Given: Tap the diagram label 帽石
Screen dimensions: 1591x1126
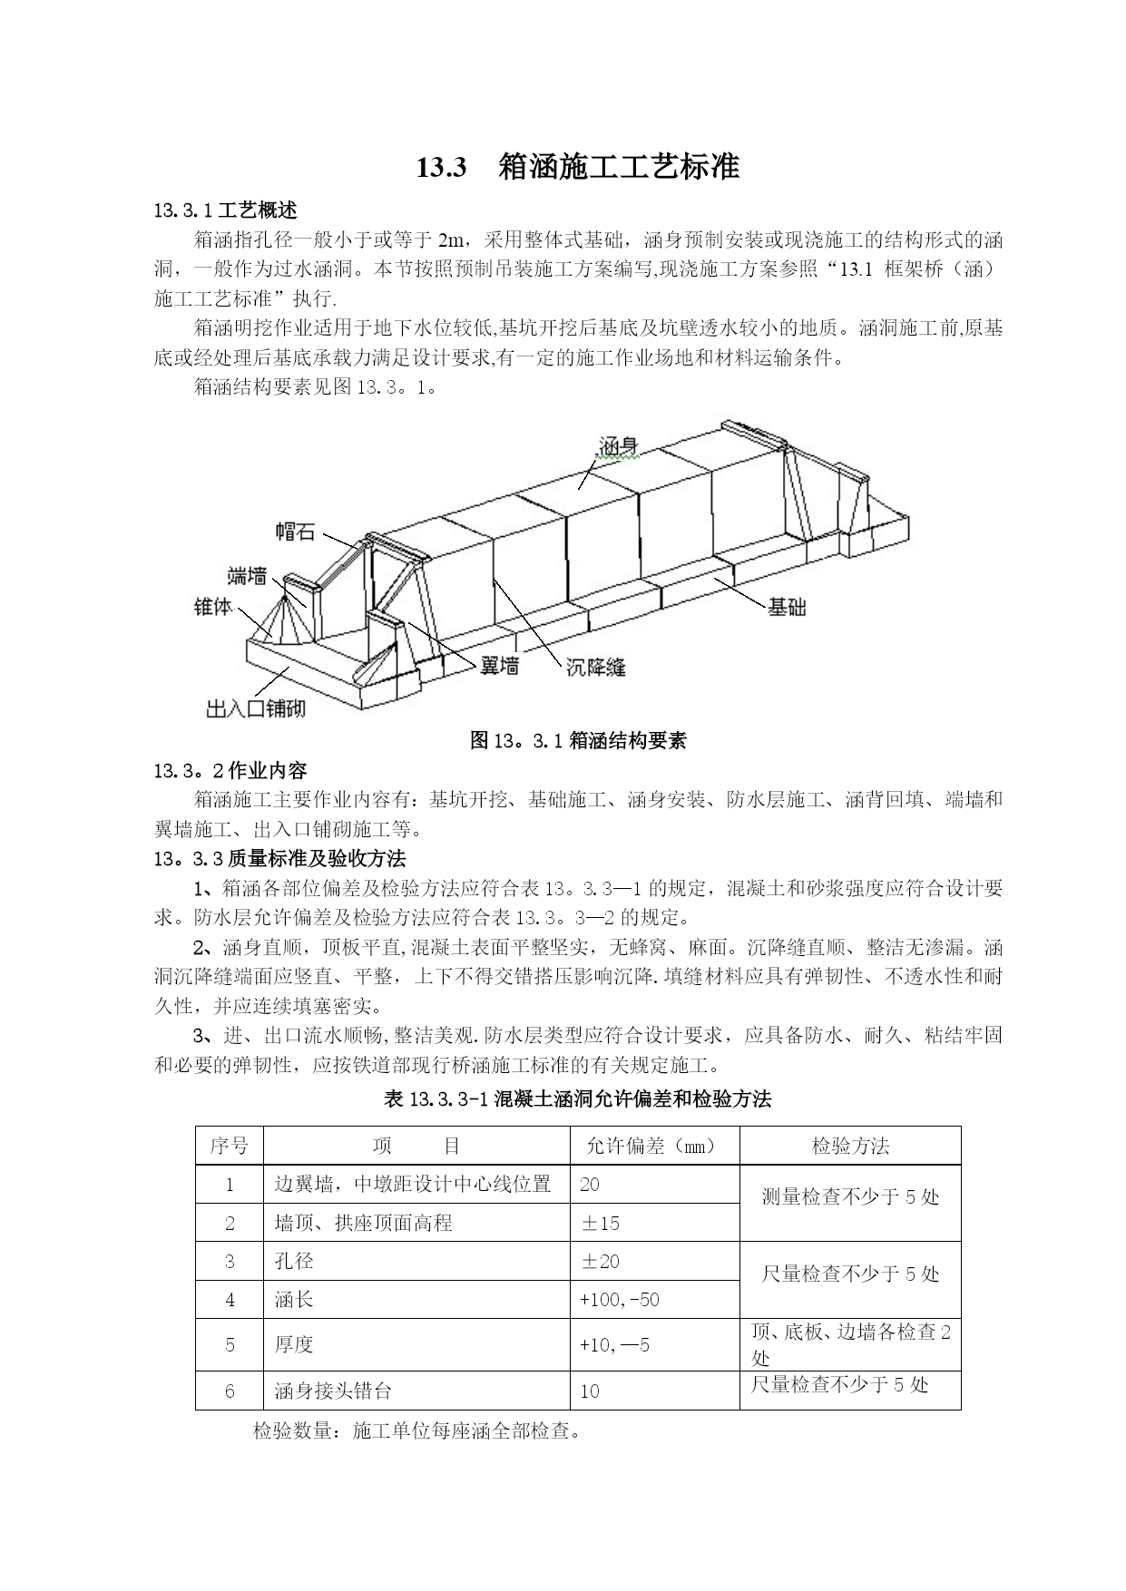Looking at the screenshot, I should (295, 532).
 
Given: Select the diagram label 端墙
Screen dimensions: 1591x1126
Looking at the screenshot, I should (247, 575).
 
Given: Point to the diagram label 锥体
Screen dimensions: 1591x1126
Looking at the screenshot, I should (213, 606).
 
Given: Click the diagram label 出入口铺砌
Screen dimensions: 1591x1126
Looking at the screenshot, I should (256, 708).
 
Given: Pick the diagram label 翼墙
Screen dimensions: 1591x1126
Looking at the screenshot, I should (499, 667).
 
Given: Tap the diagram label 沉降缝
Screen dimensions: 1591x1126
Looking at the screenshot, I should (595, 668).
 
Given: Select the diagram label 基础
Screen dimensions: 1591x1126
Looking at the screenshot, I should (787, 607).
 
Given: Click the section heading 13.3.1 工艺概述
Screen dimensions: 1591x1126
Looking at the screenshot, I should (226, 211).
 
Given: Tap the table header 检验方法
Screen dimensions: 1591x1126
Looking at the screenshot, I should (850, 1146).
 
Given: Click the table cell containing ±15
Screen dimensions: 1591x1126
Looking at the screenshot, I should (600, 1223).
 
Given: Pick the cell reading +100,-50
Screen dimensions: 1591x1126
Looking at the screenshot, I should (620, 1300).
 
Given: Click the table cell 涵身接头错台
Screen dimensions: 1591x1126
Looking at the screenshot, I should (333, 1391).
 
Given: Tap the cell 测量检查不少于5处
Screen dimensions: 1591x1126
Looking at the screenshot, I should (850, 1197).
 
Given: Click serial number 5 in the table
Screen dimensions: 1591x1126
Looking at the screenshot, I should (230, 1344).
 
